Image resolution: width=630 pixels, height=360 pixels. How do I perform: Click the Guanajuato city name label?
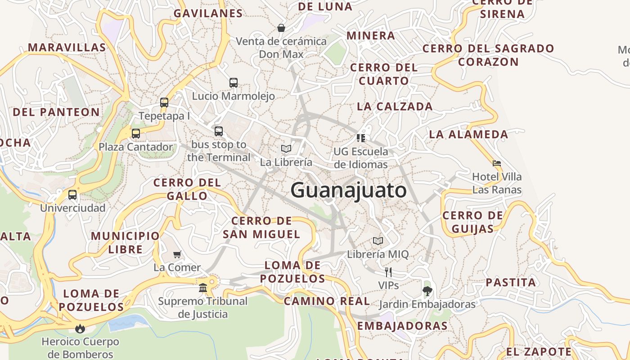[348, 190]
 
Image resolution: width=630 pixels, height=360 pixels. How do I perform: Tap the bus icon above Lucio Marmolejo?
[234, 83]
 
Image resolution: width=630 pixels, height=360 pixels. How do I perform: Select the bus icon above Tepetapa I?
[164, 103]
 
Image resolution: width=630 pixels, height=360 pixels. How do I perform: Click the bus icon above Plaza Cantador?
[135, 134]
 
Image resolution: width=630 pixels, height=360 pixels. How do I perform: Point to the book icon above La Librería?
[286, 148]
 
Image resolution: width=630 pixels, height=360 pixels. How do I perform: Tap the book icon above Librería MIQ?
[378, 241]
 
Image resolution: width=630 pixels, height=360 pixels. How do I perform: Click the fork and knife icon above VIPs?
[388, 272]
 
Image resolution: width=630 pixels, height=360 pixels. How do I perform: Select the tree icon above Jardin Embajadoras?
[427, 291]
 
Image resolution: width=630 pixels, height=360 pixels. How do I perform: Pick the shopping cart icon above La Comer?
[177, 254]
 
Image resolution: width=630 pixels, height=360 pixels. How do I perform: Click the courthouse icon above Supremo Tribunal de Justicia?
[203, 288]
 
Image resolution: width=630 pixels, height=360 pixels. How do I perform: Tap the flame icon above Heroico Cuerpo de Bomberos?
[80, 328]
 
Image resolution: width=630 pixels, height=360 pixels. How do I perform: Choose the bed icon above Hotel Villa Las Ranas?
[497, 163]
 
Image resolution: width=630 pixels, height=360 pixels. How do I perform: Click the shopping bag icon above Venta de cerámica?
[281, 28]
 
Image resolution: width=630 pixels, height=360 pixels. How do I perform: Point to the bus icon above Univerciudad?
[72, 195]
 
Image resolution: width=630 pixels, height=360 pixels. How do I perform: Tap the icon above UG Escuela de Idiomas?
[360, 138]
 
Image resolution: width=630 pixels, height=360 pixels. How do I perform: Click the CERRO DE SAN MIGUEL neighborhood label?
[261, 227]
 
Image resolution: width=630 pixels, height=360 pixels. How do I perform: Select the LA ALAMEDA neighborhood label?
[468, 134]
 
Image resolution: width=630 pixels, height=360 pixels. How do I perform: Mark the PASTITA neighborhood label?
[511, 283]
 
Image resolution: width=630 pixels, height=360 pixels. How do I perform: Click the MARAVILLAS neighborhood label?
[67, 47]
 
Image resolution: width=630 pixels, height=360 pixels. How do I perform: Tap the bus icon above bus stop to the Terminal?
[219, 131]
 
